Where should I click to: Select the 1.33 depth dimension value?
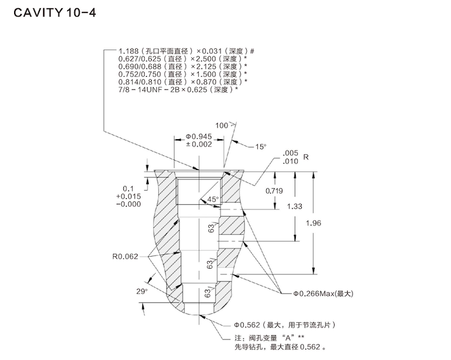295,206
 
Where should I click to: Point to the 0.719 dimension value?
274,191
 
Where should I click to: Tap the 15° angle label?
260,146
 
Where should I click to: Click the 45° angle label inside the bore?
213,199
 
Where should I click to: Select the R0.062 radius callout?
125,257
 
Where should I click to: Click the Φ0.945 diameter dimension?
198,136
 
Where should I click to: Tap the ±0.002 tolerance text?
198,144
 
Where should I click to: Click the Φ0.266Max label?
322,293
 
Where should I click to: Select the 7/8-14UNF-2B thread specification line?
178,89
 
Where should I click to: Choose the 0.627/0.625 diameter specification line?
182,59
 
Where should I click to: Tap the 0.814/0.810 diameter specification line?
182,81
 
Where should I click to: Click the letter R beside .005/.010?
306,157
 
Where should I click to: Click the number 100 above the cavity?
221,126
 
